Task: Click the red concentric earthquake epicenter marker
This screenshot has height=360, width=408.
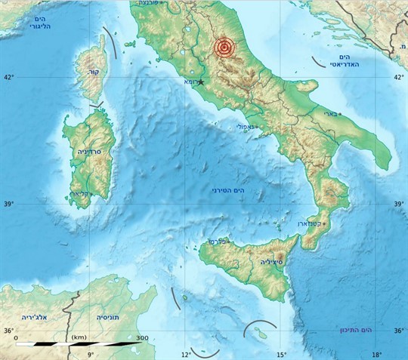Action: (223, 48)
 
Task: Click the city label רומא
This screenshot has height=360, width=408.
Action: (190, 82)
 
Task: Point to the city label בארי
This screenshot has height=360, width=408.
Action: (330, 114)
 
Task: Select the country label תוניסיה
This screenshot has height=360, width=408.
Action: (109, 318)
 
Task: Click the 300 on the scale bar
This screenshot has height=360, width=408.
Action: (142, 337)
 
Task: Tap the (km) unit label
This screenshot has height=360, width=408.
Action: (79, 337)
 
